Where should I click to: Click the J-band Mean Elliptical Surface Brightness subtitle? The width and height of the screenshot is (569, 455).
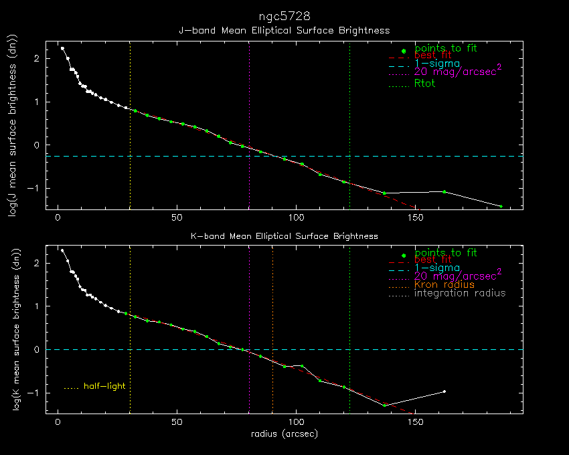click(284, 31)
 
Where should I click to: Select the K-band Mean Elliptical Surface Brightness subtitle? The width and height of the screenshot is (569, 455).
click(284, 236)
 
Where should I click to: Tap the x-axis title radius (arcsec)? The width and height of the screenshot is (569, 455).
click(284, 434)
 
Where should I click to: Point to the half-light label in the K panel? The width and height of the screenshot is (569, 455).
click(104, 386)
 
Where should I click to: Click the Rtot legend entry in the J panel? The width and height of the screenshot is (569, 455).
click(425, 84)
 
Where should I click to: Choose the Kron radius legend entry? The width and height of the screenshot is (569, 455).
click(444, 284)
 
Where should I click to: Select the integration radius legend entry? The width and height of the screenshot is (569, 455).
click(460, 293)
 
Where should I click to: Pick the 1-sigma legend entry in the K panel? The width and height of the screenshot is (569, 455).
click(436, 268)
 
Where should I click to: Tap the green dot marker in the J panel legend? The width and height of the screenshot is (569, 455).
click(402, 51)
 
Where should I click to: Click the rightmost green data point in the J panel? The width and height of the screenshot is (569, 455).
click(501, 206)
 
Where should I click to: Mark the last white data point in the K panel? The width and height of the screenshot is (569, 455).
click(444, 391)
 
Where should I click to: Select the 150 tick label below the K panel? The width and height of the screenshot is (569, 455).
click(414, 424)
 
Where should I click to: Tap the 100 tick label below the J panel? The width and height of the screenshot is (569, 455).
click(296, 218)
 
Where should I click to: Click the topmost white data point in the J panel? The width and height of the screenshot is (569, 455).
click(62, 48)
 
